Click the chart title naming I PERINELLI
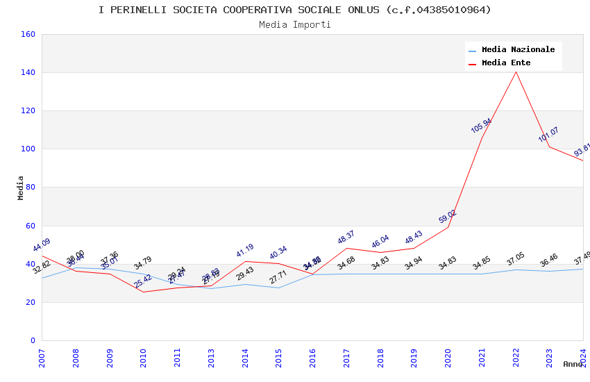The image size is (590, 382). click(295, 10)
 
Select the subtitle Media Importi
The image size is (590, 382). click(295, 24)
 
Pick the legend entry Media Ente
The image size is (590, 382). click(506, 63)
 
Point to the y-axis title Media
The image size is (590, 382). click(21, 188)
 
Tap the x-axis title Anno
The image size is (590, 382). click(573, 364)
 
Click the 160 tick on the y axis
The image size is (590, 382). click(28, 34)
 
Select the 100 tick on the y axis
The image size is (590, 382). click(28, 149)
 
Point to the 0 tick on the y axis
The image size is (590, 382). click(33, 340)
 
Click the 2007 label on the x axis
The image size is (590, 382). click(42, 358)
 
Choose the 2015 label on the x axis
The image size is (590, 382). click(278, 358)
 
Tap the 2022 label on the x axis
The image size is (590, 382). click(516, 358)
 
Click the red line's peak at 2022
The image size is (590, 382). click(516, 72)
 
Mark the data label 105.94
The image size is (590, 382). click(481, 126)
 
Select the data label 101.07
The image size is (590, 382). click(548, 135)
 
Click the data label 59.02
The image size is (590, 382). click(447, 217)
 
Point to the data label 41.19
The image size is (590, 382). click(244, 251)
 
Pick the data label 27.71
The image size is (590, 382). click(278, 277)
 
